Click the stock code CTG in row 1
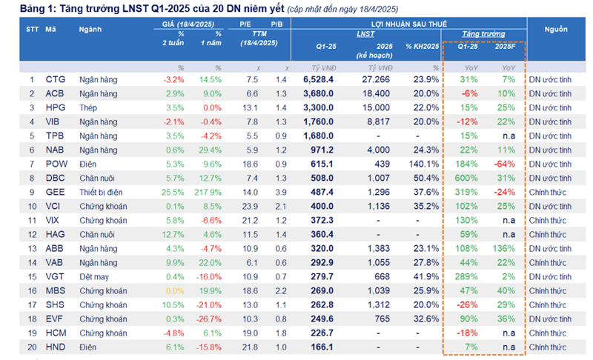coord(55,79)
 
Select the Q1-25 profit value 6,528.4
coord(319,79)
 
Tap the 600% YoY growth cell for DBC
coord(467,178)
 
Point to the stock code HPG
coord(55,107)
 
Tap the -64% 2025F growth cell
coord(506,164)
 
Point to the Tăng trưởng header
coord(483,34)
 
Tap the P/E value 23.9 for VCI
coord(251,206)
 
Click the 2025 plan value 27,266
coord(376,79)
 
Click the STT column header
coord(32,29)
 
